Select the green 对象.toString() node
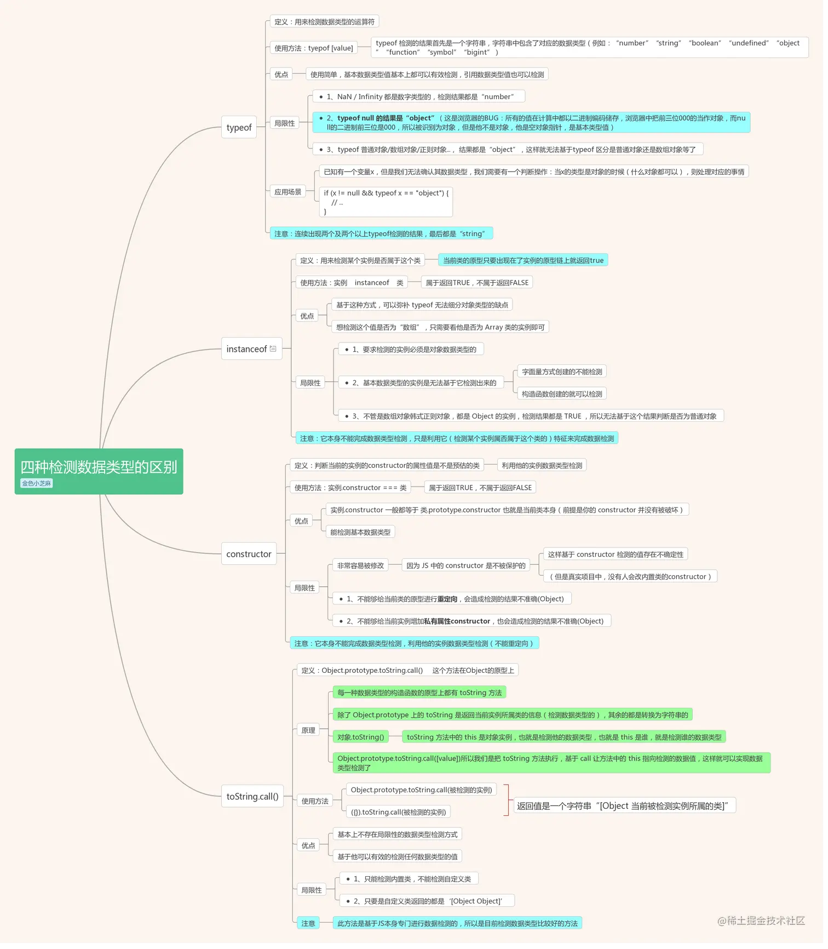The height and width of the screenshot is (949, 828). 363,741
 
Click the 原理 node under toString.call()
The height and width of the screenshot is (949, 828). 310,734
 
